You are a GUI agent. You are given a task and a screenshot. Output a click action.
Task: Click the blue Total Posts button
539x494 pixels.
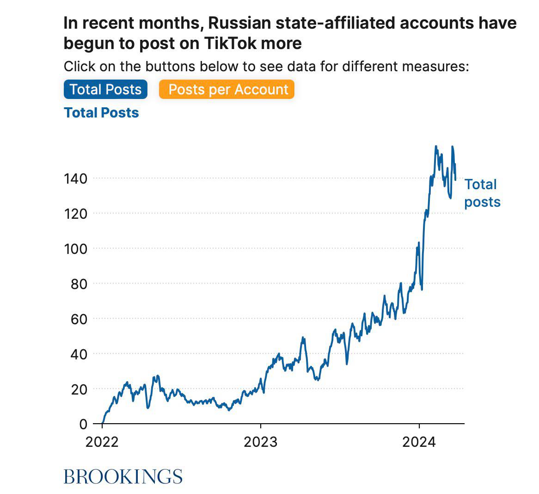click(x=105, y=89)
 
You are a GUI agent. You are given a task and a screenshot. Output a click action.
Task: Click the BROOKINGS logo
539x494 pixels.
click(x=123, y=476)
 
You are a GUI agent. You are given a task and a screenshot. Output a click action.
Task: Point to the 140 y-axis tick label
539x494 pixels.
click(x=75, y=179)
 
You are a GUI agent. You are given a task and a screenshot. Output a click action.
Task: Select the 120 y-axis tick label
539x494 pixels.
click(x=75, y=214)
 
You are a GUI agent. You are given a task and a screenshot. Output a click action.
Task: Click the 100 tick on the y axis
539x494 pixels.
click(x=75, y=249)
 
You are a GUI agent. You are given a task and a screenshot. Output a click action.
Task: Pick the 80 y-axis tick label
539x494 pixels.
click(x=79, y=284)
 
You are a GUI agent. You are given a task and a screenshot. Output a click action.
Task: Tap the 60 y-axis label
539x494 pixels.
click(x=79, y=319)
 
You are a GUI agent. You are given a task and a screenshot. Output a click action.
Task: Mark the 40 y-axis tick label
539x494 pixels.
click(x=79, y=354)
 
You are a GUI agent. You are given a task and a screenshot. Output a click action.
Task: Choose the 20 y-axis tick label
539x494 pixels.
click(x=79, y=389)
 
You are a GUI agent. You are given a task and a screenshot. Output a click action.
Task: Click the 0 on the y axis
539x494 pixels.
click(x=83, y=424)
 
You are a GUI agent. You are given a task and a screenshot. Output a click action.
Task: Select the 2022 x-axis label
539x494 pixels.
click(x=102, y=442)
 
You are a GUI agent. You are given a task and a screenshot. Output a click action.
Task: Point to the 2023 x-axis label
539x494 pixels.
click(x=261, y=442)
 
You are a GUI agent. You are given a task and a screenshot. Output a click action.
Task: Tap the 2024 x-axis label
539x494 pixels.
click(x=419, y=442)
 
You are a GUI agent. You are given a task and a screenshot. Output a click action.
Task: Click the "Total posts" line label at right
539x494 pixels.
click(x=482, y=193)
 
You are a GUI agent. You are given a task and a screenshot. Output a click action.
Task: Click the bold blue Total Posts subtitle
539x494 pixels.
click(x=101, y=112)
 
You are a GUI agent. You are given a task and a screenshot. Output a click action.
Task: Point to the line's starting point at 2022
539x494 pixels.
click(x=102, y=423)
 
